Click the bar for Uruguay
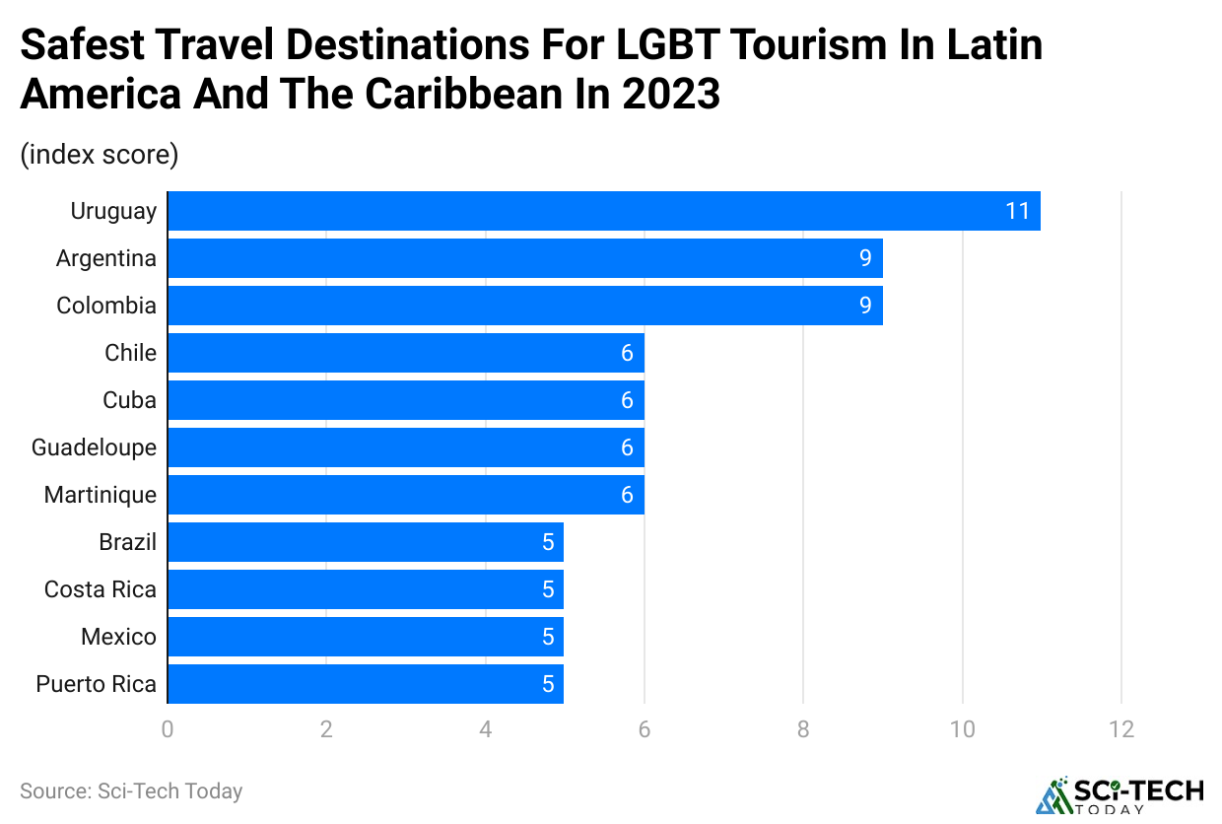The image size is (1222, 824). pos(603,211)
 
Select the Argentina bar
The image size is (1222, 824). pos(524,258)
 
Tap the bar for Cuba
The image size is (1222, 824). pos(405,400)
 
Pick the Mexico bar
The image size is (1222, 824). pos(365,637)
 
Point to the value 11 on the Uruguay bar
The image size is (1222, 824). pos(1017,211)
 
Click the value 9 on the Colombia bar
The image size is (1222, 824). pos(865,306)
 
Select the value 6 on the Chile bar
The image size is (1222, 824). pos(627,353)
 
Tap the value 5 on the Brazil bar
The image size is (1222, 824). pos(548,542)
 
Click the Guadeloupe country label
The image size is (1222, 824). pos(94,447)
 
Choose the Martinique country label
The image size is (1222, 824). pos(100,495)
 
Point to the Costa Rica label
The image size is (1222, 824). pos(100,589)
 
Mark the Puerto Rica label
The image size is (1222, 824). pos(96,684)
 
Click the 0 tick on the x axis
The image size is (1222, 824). pos(168,729)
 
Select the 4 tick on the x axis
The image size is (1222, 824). pos(485,729)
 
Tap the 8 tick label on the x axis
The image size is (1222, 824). pos(803,729)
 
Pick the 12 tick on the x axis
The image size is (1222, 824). pos(1120,729)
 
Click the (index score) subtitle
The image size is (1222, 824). pos(99,155)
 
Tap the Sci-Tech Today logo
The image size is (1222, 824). pos(1120,795)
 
